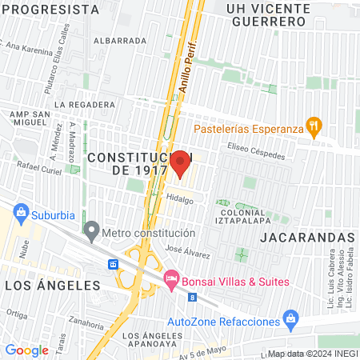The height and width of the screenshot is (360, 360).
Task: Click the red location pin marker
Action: pos(180,163)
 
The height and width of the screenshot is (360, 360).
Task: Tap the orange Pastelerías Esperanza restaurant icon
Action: pos(314,126)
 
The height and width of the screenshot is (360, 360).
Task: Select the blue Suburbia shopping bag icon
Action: pos(21,213)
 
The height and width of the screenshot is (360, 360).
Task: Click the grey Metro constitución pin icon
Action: pos(92,233)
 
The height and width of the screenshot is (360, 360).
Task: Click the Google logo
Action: pos(26,350)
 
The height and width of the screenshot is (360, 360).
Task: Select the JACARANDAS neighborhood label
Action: pos(307,238)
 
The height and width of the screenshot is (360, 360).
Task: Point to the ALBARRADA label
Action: pos(119,39)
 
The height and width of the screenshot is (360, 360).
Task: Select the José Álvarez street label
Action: pos(187,251)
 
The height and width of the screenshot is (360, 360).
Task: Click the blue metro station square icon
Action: pos(114,264)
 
